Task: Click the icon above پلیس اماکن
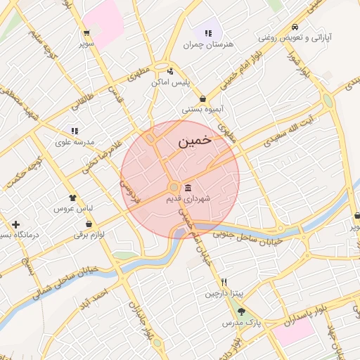pos(170,71)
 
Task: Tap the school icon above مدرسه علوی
pos(74,131)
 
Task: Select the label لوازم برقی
pos(89,234)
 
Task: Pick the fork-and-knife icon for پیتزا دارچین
pos(224,281)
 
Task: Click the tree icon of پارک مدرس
pos(242,311)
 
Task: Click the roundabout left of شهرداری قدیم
pos(174,187)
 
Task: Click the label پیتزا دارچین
pos(221,292)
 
